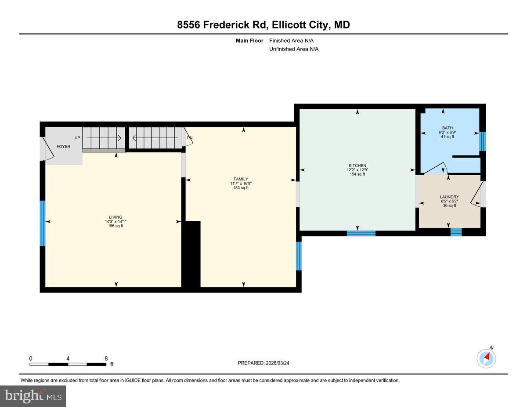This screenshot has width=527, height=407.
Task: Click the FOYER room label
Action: [63, 146]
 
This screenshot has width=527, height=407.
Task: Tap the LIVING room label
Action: [116, 217]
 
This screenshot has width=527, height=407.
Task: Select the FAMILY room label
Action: [241, 179]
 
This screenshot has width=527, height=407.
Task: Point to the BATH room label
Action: [448, 128]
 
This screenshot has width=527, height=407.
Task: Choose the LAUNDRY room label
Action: [449, 197]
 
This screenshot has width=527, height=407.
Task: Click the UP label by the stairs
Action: [77, 138]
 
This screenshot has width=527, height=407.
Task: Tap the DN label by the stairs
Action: [190, 138]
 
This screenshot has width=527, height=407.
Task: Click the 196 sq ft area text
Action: [116, 226]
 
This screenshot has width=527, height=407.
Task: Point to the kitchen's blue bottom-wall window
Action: [361, 233]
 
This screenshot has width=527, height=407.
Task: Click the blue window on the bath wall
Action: [483, 141]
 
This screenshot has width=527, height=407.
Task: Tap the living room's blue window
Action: [43, 223]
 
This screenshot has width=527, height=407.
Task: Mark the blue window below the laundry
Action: [456, 232]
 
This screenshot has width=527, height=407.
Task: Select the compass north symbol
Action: [487, 358]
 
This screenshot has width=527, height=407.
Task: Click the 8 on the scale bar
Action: [106, 358]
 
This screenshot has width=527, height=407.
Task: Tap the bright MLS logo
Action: [33, 396]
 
